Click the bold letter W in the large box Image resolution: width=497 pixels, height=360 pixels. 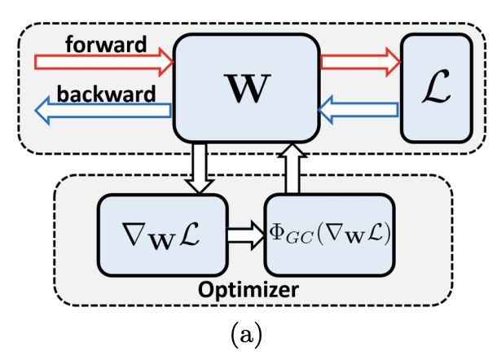coord(247,90)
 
